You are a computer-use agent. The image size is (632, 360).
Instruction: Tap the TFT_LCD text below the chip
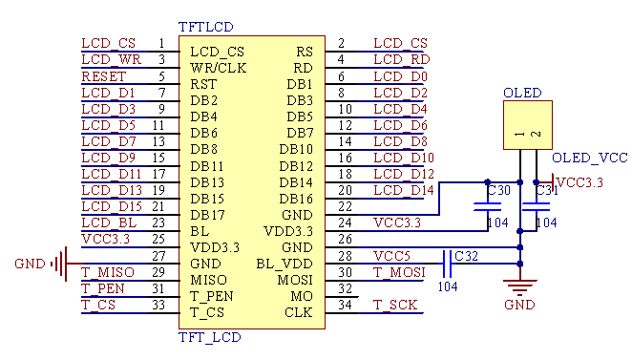tap(210, 337)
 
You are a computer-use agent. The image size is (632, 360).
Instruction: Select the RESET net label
tap(103, 76)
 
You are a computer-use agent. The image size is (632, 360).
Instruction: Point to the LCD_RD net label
tap(400, 60)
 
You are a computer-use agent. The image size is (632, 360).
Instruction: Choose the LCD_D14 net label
tap(404, 190)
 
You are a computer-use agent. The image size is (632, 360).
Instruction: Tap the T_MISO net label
tap(108, 272)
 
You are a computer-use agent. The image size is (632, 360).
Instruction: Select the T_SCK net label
tap(394, 305)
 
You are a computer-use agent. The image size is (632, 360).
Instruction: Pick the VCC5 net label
tap(391, 256)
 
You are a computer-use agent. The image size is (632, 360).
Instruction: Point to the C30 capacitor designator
tap(498, 191)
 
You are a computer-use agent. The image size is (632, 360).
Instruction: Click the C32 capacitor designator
tap(467, 256)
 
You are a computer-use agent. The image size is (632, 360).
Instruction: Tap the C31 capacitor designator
tap(546, 191)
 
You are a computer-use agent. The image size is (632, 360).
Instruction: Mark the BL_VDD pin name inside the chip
tap(284, 264)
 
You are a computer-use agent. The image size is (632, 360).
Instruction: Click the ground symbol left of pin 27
tap(60, 264)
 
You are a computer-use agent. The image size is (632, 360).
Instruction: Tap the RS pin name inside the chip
tap(304, 52)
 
